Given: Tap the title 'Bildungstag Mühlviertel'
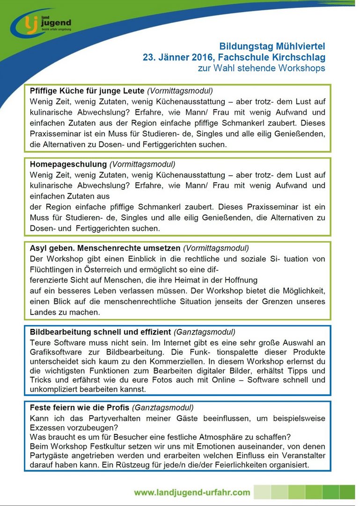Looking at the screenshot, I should tap(272, 46).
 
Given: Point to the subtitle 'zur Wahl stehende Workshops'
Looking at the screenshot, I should tap(261, 68).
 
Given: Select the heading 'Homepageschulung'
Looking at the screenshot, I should tap(68, 164).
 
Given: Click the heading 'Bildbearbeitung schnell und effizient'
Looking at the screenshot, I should tap(100, 332).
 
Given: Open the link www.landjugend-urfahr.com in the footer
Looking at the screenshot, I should tap(192, 492).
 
